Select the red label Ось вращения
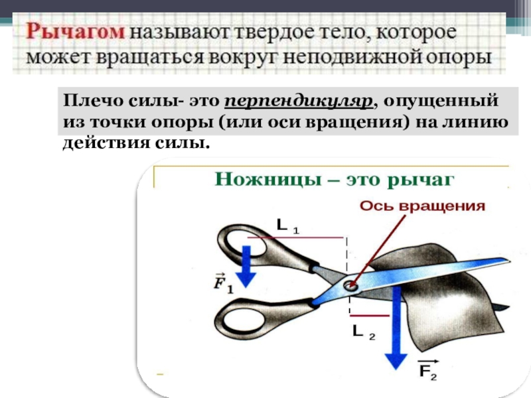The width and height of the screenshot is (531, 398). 422,206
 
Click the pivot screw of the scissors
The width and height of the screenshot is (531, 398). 350,286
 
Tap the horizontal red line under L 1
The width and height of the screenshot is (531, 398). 295,237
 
